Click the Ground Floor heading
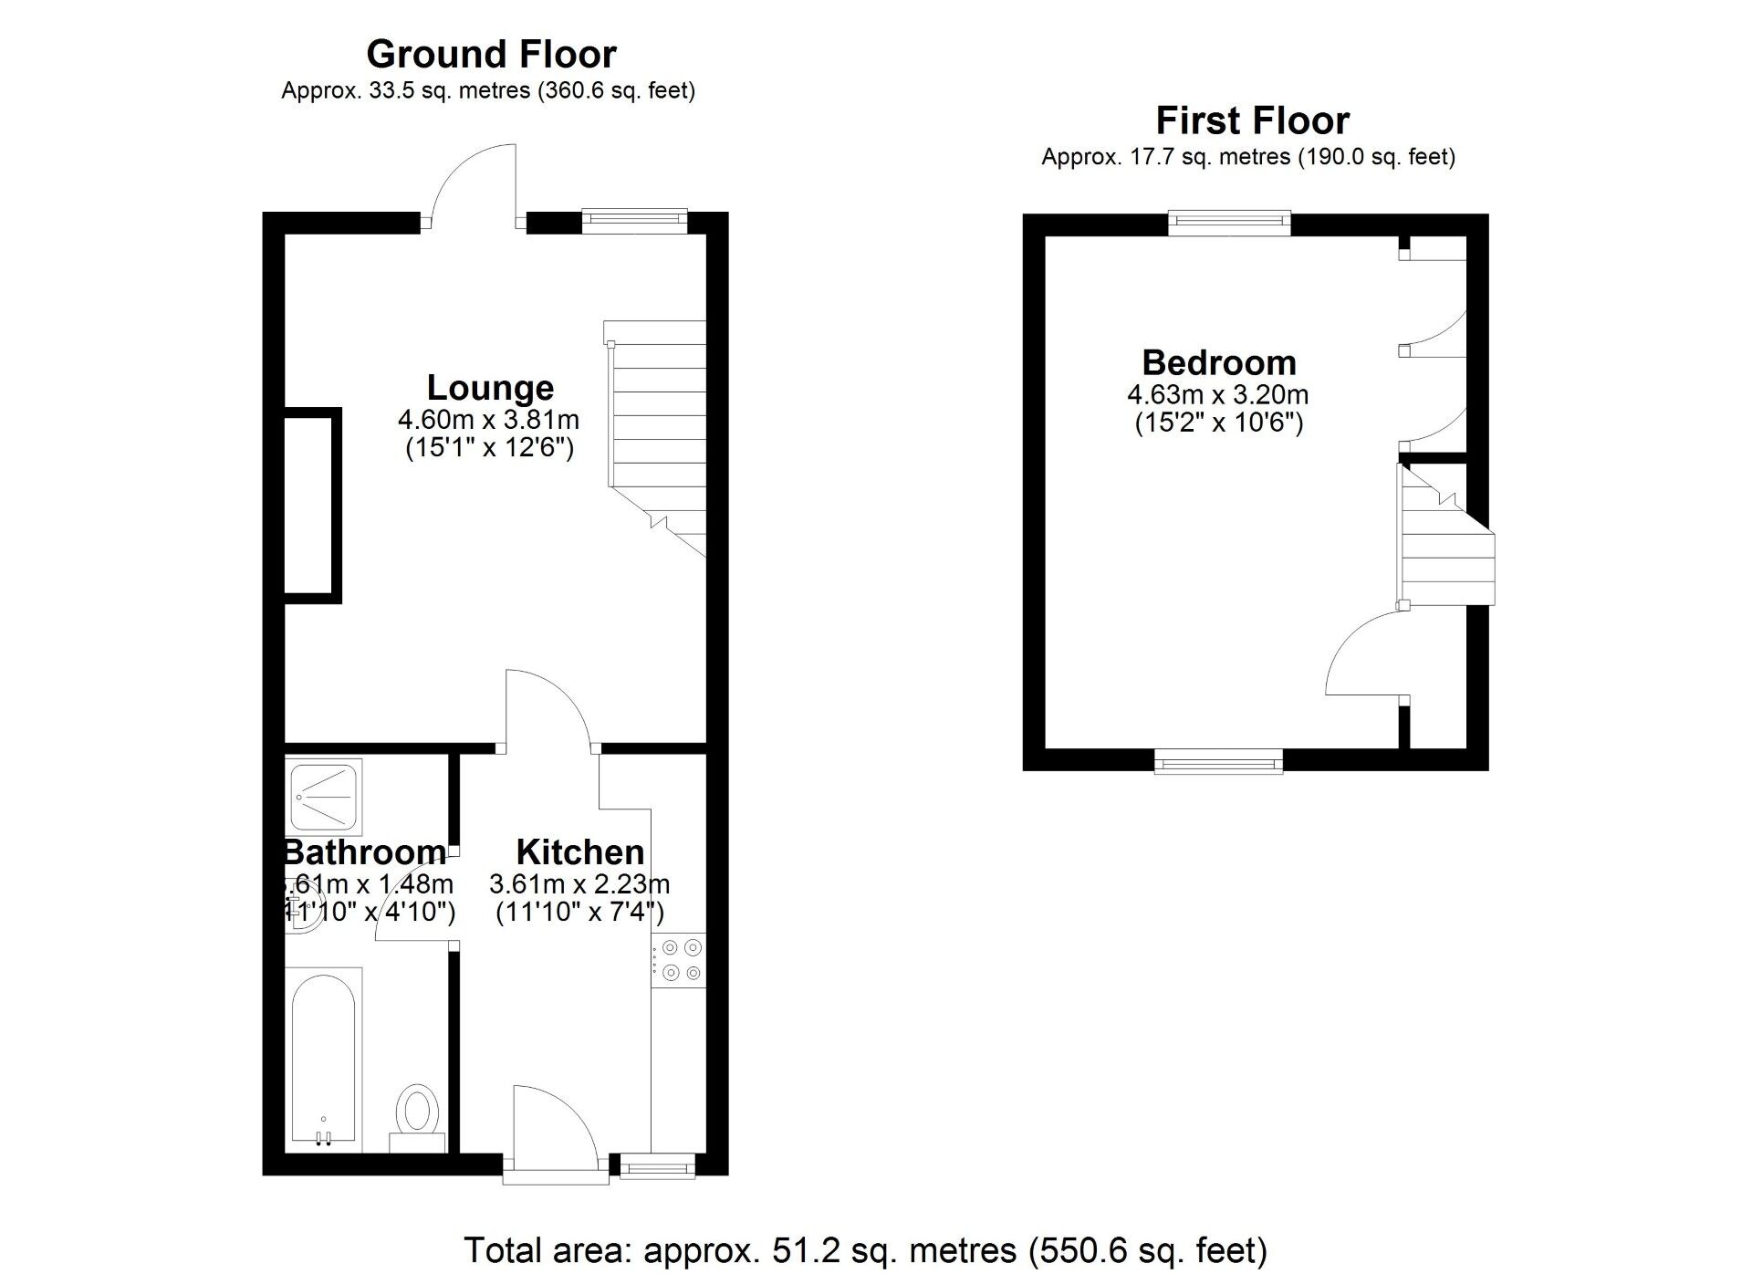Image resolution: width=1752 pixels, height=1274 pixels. coord(491,55)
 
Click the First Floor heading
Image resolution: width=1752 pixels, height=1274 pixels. coord(1252,120)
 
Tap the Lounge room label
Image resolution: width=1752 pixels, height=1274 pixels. coord(490,388)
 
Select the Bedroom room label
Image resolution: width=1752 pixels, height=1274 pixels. coord(1219,363)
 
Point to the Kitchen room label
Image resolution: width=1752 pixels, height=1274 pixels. coord(580,852)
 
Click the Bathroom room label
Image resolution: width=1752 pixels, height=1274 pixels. coord(365,852)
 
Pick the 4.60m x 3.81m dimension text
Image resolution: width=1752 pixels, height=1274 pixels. coord(488,420)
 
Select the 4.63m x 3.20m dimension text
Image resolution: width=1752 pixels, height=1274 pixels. coord(1218,395)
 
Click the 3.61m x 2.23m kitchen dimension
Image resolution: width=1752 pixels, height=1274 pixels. coord(579,884)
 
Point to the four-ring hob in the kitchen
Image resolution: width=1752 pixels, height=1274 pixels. coord(678,960)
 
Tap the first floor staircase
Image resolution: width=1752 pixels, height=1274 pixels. coord(1446,548)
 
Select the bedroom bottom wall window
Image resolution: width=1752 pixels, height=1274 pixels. coord(1218,760)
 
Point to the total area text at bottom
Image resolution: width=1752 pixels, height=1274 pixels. coord(865,1249)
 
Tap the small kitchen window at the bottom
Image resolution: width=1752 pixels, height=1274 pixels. coord(657,1165)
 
